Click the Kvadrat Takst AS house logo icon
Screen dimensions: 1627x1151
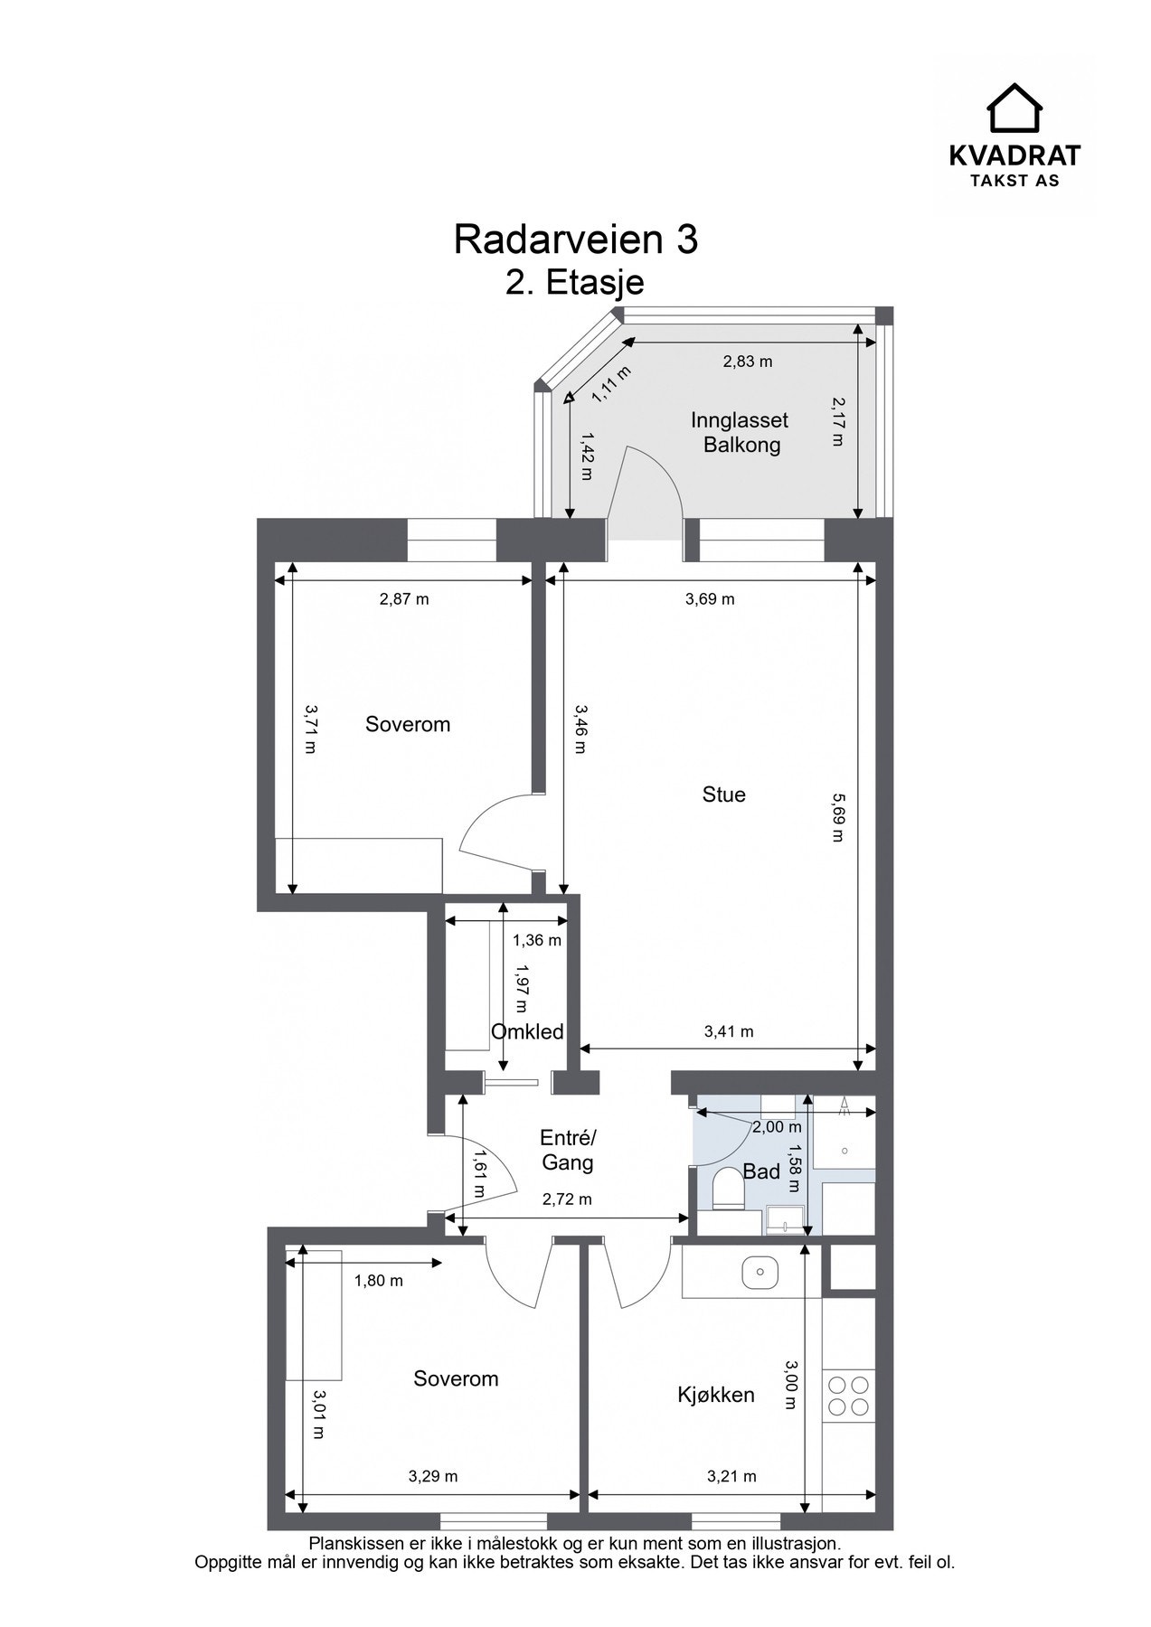[x=1014, y=108]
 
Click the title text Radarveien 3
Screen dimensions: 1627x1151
[x=575, y=240]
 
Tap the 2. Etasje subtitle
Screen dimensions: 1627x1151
[x=575, y=282]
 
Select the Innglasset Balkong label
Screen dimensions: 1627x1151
[x=741, y=432]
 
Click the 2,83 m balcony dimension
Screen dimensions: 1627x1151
[x=748, y=362]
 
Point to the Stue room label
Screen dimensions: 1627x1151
[x=723, y=795]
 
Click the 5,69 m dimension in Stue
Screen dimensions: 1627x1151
[x=837, y=817]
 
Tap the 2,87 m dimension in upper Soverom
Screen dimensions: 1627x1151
[x=404, y=598]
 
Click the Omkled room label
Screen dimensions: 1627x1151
[x=527, y=1031]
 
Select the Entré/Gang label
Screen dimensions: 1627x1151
[x=568, y=1150]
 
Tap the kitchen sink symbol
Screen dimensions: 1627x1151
[x=759, y=1273]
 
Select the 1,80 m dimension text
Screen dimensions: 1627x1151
[x=378, y=1281]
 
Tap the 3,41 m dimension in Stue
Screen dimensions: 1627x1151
[x=729, y=1031]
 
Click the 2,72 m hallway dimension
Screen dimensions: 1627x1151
[x=567, y=1199]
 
